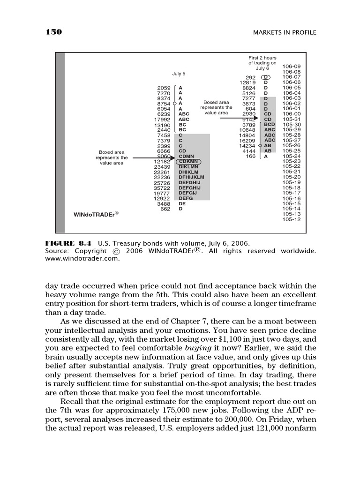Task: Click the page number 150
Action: [54, 32]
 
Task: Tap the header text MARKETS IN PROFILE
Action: [285, 32]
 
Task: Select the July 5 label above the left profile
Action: [179, 74]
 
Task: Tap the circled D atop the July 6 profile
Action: [266, 77]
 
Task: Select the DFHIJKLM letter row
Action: [192, 177]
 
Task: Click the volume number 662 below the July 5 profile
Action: [165, 209]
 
